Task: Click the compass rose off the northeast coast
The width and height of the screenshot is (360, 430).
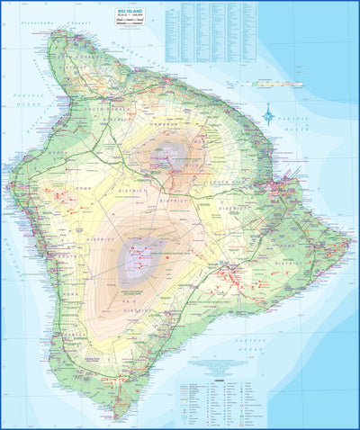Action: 269,114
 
